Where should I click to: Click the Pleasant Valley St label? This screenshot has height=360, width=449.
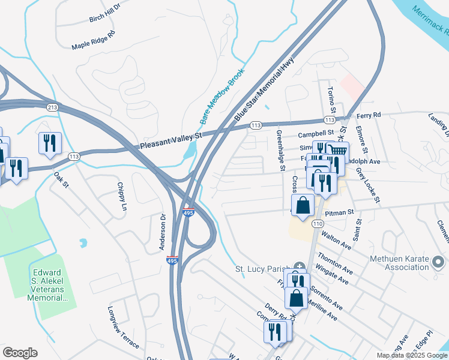[x=171, y=142]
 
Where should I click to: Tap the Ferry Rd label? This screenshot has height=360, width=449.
[x=369, y=115]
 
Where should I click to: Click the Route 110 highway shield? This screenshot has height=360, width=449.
[x=316, y=223]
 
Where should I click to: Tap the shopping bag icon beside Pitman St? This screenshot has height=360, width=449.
[x=303, y=205]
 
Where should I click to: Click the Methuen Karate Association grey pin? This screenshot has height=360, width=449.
[x=438, y=262]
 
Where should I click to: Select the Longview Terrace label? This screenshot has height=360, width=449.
[x=124, y=328]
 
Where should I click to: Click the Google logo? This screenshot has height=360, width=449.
[x=20, y=353]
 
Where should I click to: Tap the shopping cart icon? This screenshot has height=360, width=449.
[x=339, y=152]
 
